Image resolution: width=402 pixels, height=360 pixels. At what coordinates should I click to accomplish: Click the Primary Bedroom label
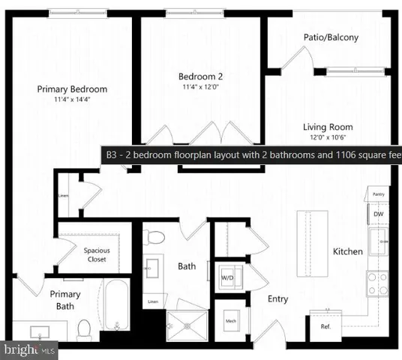[72, 88]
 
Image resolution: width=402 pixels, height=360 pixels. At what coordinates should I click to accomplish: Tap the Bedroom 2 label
[199, 76]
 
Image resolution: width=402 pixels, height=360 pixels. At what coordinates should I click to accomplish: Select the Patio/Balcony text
[331, 37]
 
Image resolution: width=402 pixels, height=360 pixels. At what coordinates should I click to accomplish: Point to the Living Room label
[328, 127]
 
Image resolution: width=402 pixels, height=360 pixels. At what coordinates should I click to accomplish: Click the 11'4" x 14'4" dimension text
[72, 99]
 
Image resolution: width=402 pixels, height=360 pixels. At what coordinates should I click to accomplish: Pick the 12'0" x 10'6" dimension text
[328, 137]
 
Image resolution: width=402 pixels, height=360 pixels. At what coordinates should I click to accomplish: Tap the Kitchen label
[348, 251]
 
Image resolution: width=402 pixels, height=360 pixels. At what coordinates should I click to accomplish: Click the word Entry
[277, 298]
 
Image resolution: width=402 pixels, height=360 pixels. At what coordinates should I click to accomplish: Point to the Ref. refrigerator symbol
[326, 326]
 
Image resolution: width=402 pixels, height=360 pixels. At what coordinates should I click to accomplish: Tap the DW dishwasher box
[379, 214]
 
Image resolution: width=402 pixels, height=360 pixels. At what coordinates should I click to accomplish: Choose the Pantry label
[379, 194]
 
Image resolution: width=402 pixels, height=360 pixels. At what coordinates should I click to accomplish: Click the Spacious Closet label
[94, 254]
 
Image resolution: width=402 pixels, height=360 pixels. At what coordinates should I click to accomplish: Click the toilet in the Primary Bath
[85, 328]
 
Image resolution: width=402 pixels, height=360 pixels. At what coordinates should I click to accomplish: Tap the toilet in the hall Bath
[155, 238]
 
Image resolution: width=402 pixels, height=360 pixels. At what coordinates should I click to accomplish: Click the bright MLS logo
[28, 349]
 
